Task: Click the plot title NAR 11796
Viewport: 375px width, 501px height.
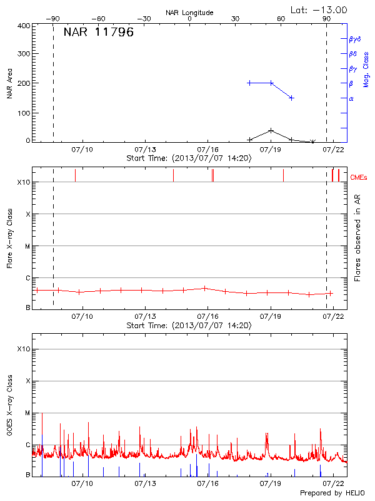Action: [99, 33]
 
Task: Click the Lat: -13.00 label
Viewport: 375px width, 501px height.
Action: [319, 10]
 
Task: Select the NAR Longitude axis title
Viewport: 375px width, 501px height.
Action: [189, 13]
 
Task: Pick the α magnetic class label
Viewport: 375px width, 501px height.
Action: [351, 98]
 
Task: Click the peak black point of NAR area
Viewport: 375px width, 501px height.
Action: [271, 130]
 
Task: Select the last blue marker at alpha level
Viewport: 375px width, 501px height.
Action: [291, 98]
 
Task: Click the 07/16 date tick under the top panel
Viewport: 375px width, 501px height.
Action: [207, 150]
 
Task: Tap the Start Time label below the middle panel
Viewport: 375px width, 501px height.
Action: [189, 326]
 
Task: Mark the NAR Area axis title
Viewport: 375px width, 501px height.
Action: [9, 84]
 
